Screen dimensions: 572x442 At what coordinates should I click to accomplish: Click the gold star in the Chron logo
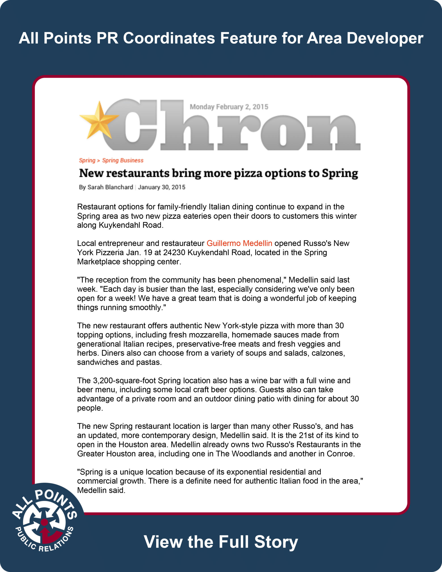(x=98, y=120)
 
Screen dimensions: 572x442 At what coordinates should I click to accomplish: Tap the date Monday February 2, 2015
(x=229, y=107)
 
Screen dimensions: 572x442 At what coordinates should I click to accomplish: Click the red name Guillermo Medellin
(x=239, y=243)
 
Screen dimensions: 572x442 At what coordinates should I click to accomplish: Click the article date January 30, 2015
(x=161, y=187)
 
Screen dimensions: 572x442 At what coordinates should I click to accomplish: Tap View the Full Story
(x=221, y=542)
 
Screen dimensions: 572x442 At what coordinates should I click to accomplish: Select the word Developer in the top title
(x=385, y=38)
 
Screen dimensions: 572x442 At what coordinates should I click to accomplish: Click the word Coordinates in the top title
(x=169, y=38)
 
